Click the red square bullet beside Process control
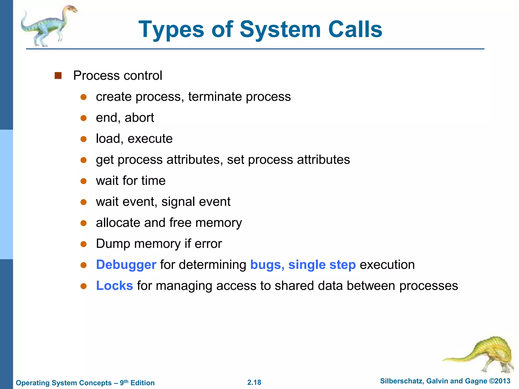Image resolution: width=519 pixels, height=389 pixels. [x=58, y=75]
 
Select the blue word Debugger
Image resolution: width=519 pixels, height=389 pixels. [x=126, y=265]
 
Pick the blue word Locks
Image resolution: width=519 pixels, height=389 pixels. [x=115, y=286]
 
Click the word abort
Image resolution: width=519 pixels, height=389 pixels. [x=139, y=118]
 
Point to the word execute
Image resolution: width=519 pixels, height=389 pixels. [x=150, y=139]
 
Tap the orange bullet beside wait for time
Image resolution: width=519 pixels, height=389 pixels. [x=84, y=181]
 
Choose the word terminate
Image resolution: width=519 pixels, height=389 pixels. [x=215, y=97]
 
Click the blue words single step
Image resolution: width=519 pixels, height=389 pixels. [x=322, y=265]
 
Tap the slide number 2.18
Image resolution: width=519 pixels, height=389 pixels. [x=254, y=382]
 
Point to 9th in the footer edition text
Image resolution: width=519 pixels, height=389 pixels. [x=124, y=382]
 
